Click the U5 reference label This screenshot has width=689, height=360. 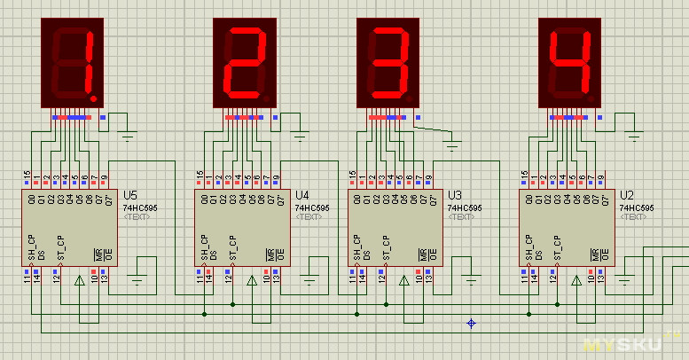130,195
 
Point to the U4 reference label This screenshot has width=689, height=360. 302,195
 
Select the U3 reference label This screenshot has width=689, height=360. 456,195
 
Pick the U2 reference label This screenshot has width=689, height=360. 626,195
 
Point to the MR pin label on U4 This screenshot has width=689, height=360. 269,254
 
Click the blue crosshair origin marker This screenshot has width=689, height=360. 472,324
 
